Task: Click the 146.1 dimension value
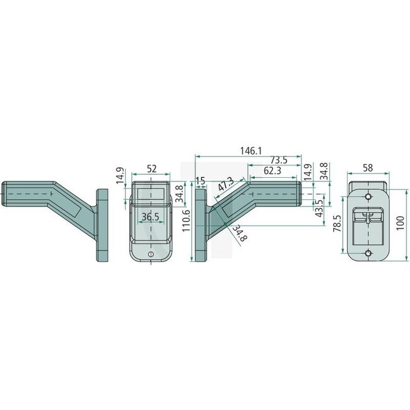(x=251, y=151)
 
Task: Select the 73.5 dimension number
(x=278, y=160)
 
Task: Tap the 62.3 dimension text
(x=272, y=170)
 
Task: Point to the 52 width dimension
(x=151, y=168)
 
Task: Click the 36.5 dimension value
(x=150, y=217)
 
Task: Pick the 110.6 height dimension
(x=186, y=221)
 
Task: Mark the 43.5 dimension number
(x=319, y=208)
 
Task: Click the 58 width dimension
(x=368, y=168)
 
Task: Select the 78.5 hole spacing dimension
(x=337, y=223)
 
